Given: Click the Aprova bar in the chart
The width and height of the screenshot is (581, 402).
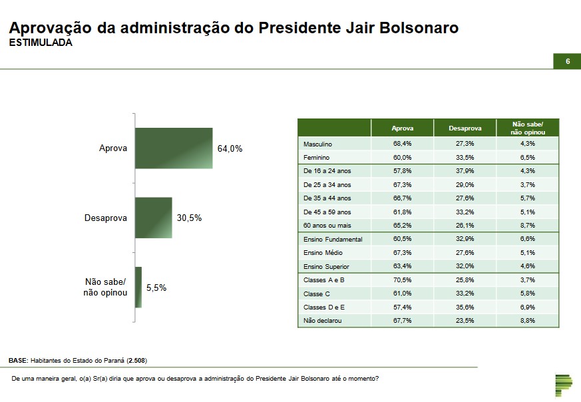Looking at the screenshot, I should [174, 148].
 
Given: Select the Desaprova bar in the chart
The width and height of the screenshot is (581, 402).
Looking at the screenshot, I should [154, 218].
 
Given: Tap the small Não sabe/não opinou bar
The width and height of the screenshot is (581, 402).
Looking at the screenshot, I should [138, 288].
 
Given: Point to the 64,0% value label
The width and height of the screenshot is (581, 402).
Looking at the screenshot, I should [230, 148].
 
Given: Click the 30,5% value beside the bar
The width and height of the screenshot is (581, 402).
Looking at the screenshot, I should [189, 218].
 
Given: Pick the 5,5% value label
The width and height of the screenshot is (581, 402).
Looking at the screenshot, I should [156, 288].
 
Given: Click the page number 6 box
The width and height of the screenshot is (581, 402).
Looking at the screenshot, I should [568, 61].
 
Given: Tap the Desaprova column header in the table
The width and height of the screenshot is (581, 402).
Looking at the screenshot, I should [465, 127].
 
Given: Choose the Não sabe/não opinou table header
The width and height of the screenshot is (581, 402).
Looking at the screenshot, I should [528, 128].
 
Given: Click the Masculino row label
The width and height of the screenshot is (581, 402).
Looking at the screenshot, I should [317, 144].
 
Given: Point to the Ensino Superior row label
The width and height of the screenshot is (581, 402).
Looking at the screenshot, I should [327, 266].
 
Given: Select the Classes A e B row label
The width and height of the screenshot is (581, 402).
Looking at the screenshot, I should [323, 280].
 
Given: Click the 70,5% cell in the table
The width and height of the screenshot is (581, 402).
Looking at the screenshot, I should [402, 280].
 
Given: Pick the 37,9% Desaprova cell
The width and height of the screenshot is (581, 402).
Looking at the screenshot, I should [465, 171].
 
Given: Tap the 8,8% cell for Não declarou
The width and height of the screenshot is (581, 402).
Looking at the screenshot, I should [528, 321].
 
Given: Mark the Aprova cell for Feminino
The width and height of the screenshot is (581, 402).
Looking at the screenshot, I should [402, 158].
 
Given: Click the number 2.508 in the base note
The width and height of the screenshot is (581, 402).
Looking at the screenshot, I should [137, 360].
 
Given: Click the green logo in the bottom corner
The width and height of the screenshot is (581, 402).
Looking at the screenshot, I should [563, 386].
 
